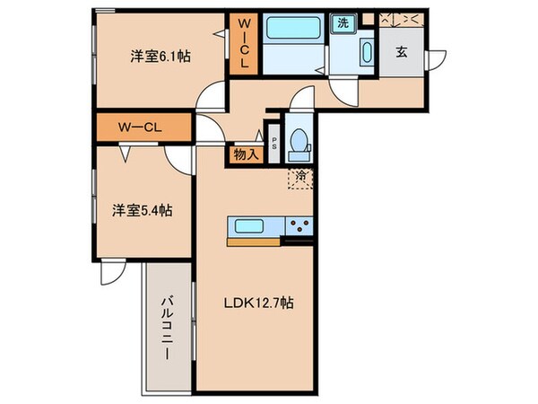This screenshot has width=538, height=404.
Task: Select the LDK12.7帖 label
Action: [x=257, y=303]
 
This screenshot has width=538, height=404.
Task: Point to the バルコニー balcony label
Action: [x=167, y=329]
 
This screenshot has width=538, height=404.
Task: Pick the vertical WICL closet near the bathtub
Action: [x=242, y=45]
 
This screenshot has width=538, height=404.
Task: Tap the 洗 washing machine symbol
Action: [x=343, y=24]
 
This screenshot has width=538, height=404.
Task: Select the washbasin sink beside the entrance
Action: [x=368, y=51]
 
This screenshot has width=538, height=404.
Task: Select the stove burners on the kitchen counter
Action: [x=299, y=225]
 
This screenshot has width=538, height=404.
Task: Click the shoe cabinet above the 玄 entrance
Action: [x=400, y=18]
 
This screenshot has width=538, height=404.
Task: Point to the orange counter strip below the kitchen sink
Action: [x=255, y=241]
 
